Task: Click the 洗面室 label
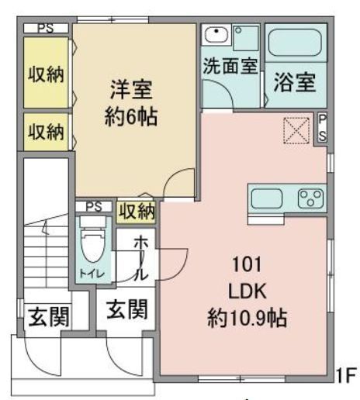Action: pos(230,66)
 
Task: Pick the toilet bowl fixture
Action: pos(92,247)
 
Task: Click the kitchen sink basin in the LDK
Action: pos(266,198)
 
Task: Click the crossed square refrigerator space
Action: pos(296,129)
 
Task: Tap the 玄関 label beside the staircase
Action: pos(46,318)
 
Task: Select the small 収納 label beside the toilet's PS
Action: pos(137,211)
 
